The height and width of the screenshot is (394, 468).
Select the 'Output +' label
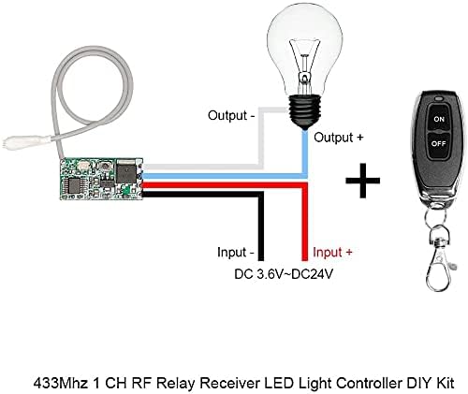(x=341, y=138)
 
